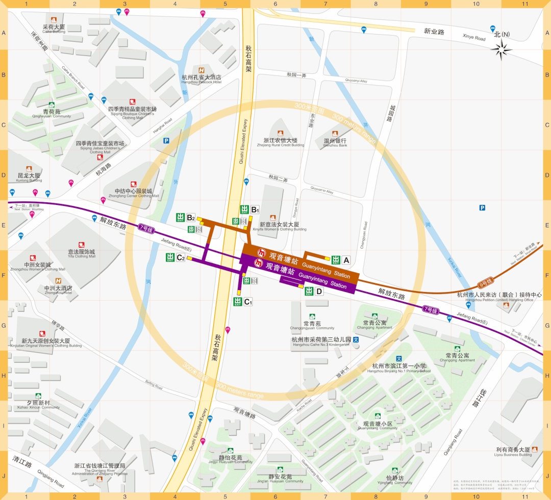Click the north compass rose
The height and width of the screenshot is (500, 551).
coord(503,49)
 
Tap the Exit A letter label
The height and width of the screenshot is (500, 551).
coord(346,260)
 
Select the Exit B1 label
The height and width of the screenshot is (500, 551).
coord(255,209)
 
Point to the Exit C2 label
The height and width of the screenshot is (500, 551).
coord(180,258)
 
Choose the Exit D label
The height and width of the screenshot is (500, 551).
coord(319,292)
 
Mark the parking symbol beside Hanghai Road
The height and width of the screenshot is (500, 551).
coord(166,141)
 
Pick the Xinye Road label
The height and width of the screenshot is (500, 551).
coord(473,38)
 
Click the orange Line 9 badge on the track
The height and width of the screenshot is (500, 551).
coord(485,281)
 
